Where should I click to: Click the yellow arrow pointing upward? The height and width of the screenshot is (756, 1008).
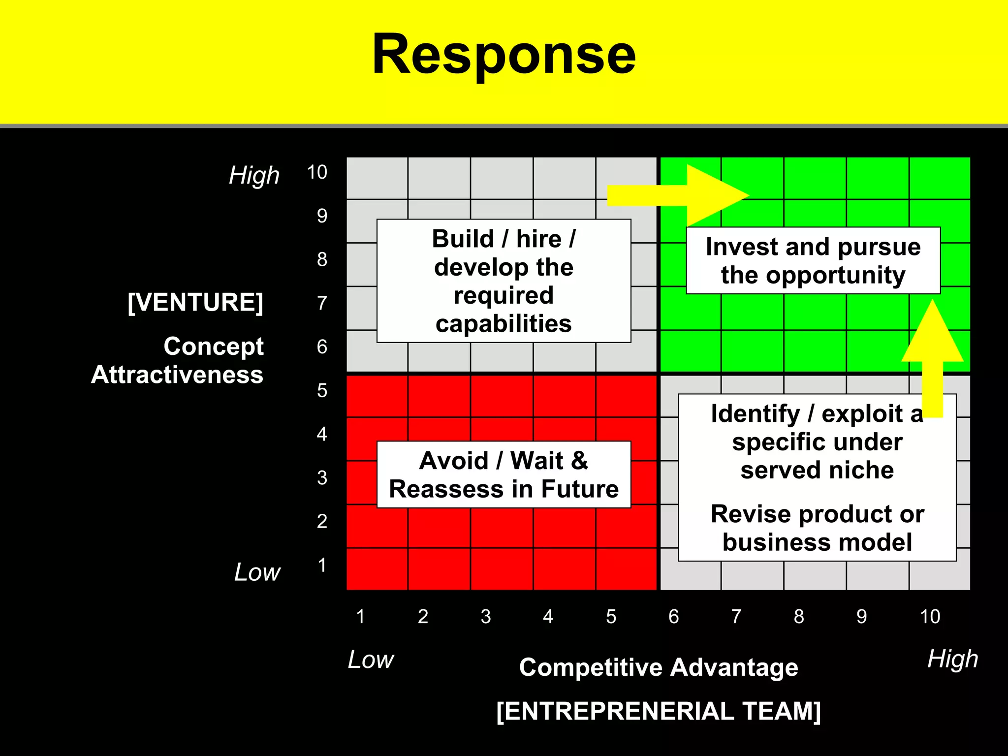[x=932, y=354]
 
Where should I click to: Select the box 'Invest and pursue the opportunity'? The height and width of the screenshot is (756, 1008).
[x=813, y=261]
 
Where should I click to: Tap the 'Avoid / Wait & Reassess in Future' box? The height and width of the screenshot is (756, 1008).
[x=504, y=474]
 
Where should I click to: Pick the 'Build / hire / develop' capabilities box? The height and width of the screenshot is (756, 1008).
[x=504, y=281]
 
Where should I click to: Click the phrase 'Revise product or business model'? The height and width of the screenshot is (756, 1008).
[x=817, y=528]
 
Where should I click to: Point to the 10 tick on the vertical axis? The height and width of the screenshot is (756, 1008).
[x=317, y=172]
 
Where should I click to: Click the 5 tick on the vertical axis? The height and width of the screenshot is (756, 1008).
[x=322, y=390]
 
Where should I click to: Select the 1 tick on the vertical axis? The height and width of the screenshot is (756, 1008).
[x=322, y=565]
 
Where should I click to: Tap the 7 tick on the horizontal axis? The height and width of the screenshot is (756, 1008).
[x=736, y=616]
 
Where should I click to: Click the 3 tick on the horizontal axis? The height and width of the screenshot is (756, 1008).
[x=486, y=616]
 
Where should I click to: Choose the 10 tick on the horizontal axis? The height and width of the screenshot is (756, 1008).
[x=930, y=616]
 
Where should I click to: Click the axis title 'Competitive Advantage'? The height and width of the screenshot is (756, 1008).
[x=659, y=668]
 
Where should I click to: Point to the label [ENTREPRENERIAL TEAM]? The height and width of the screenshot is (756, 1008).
[x=659, y=711]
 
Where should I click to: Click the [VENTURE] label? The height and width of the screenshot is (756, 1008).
[x=195, y=302]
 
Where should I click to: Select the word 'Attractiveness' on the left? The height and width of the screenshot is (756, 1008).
[x=177, y=375]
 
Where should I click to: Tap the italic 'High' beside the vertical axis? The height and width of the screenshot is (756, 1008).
[x=254, y=176]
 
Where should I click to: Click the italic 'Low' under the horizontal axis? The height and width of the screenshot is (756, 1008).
[x=371, y=660]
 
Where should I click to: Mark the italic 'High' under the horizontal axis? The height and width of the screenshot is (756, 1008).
[x=952, y=659]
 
